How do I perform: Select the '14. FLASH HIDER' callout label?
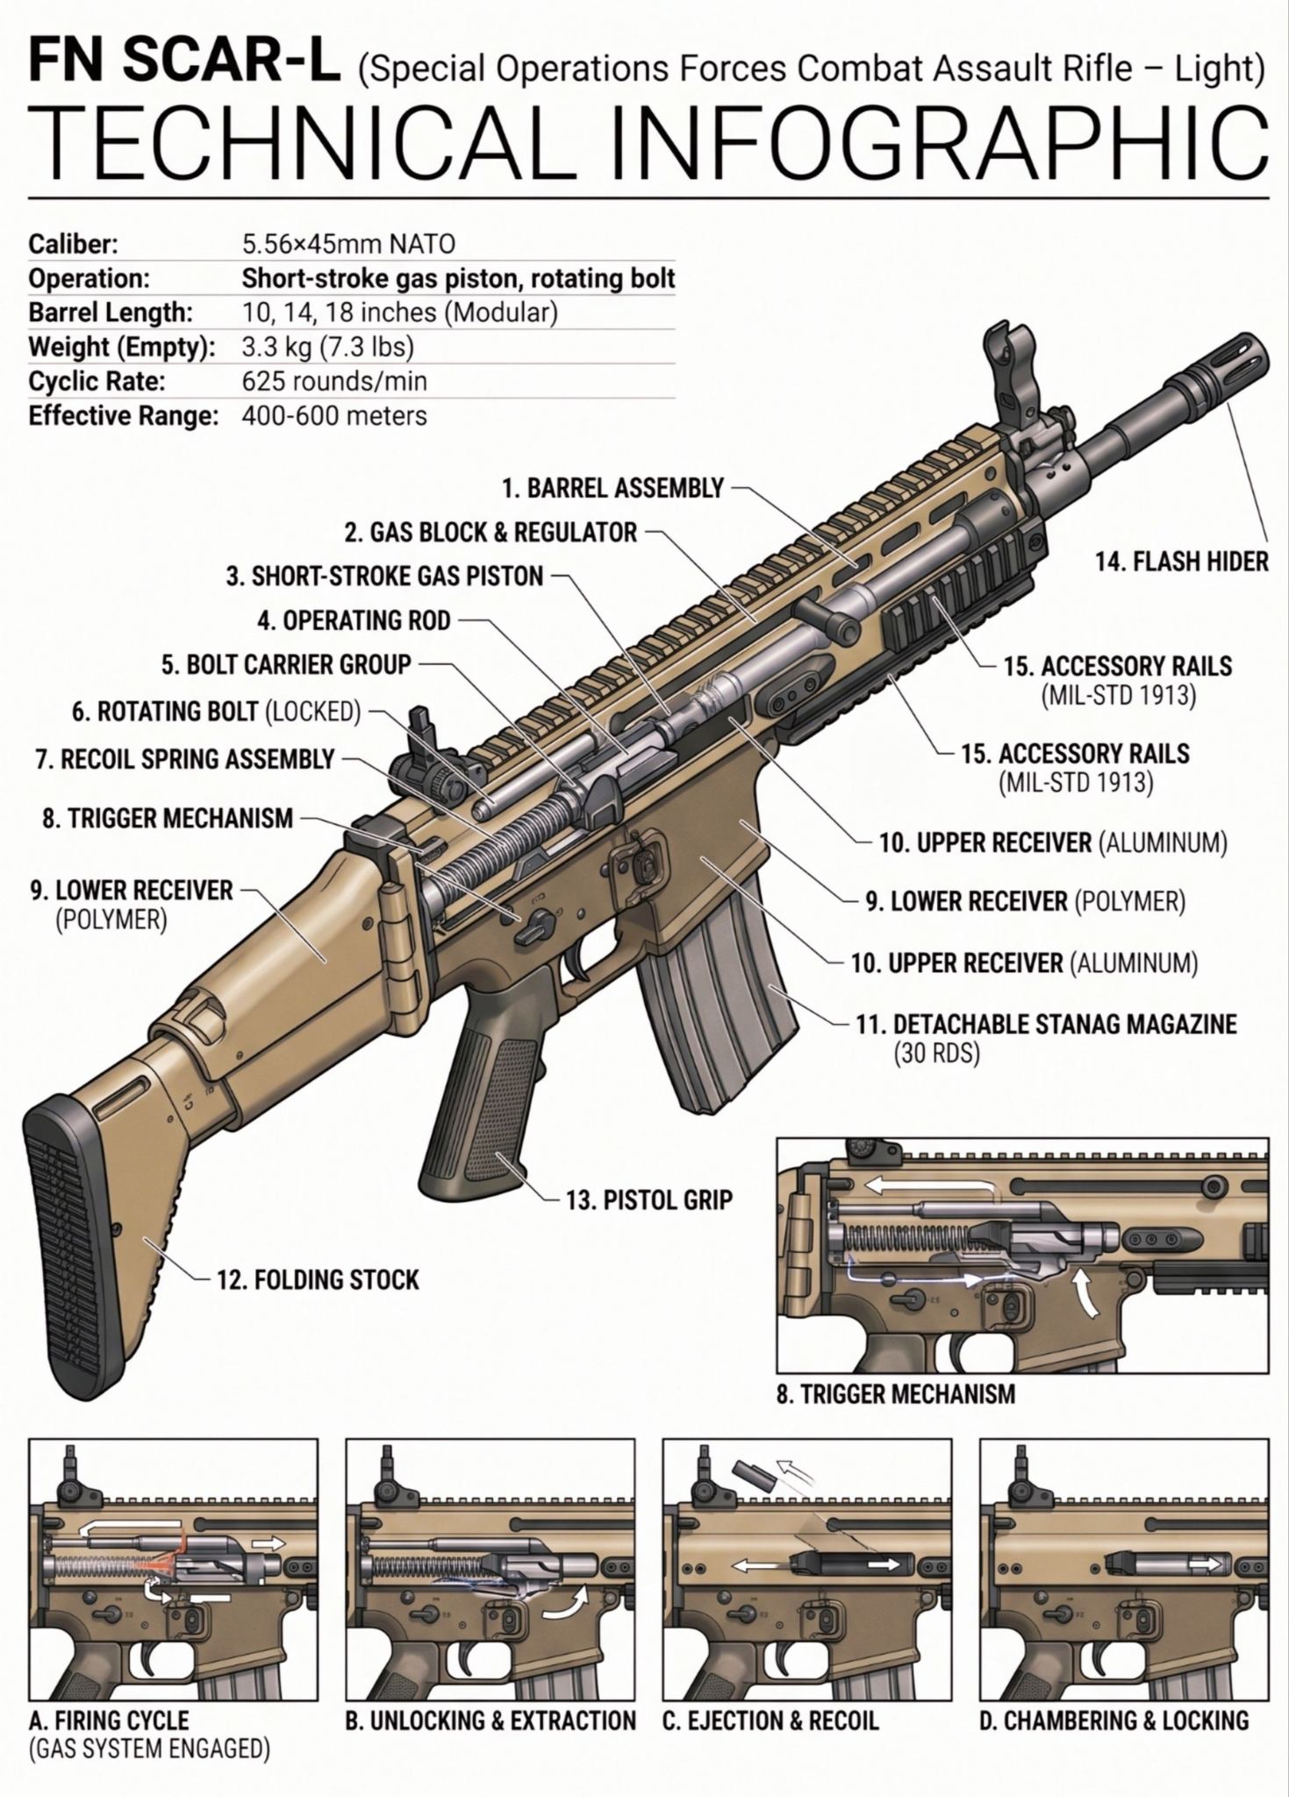pos(1181,562)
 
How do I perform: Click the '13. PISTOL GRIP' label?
pos(648,1199)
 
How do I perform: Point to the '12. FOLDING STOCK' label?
pos(318,1280)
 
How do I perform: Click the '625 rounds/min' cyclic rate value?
pos(334,382)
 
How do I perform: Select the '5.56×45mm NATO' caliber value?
pos(348,243)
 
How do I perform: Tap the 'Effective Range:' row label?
pos(123,416)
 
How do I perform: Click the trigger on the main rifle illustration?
pos(582,963)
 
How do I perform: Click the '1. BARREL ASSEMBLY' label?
pos(612,488)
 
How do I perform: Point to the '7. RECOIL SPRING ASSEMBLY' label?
pos(185,759)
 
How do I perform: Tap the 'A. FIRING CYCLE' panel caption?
pos(109,1721)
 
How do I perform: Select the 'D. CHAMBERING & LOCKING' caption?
pos(1114,1721)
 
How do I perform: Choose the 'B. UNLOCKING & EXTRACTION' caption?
pos(491,1721)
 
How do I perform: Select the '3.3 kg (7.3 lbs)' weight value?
pos(327,347)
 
